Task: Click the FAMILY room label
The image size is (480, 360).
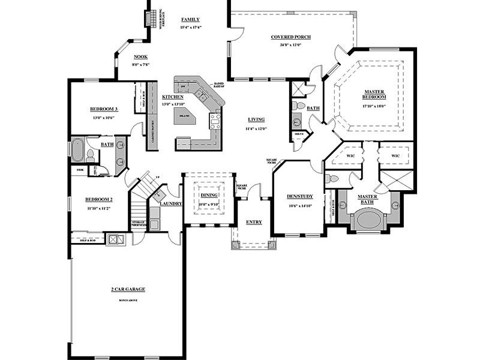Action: pyautogui.click(x=190, y=20)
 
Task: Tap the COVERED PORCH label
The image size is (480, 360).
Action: pyautogui.click(x=290, y=37)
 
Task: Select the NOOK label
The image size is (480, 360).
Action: pyautogui.click(x=140, y=57)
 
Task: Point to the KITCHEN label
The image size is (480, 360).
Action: pyautogui.click(x=173, y=97)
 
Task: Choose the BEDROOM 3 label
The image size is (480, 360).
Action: pyautogui.click(x=103, y=109)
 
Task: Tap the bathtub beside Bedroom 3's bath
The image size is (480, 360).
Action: pyautogui.click(x=78, y=150)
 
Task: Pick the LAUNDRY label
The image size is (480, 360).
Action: pyautogui.click(x=171, y=204)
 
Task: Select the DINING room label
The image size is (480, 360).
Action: pyautogui.click(x=209, y=195)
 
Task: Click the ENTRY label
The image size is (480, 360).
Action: pyautogui.click(x=254, y=223)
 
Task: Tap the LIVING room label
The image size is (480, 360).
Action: pyautogui.click(x=256, y=119)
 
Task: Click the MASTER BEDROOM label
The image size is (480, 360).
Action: pyautogui.click(x=374, y=94)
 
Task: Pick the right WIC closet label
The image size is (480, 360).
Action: pyautogui.click(x=395, y=156)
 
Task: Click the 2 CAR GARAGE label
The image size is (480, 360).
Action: pyautogui.click(x=128, y=289)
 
